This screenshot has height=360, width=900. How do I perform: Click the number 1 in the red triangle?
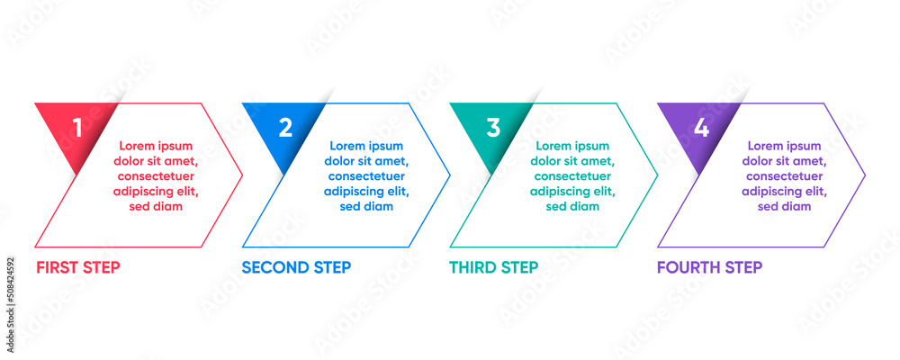tap(77, 128)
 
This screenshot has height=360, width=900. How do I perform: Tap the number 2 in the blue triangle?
tap(285, 128)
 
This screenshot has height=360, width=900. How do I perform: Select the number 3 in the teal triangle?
tap(493, 128)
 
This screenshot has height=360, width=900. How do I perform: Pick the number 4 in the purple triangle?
tap(701, 128)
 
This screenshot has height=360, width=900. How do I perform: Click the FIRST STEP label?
tap(77, 267)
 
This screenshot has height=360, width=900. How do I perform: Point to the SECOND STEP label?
tap(296, 267)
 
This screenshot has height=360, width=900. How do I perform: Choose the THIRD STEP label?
tap(493, 267)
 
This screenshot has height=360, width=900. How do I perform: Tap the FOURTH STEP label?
tap(709, 267)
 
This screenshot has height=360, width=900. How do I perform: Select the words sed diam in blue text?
tap(366, 206)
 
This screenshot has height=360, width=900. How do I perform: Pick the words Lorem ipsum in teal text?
tap(572, 146)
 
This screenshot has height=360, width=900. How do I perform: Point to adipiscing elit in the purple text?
tap(784, 191)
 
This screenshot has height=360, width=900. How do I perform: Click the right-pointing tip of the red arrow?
tap(241, 175)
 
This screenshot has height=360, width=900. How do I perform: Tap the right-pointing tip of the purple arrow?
tap(864, 175)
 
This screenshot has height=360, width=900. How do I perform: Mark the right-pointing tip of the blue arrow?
tap(449, 175)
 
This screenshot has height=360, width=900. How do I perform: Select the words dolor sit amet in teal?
tap(572, 161)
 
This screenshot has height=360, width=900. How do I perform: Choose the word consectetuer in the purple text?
tap(784, 176)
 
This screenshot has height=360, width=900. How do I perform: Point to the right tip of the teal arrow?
tap(657, 175)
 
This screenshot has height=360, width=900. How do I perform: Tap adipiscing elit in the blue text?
tap(366, 191)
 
